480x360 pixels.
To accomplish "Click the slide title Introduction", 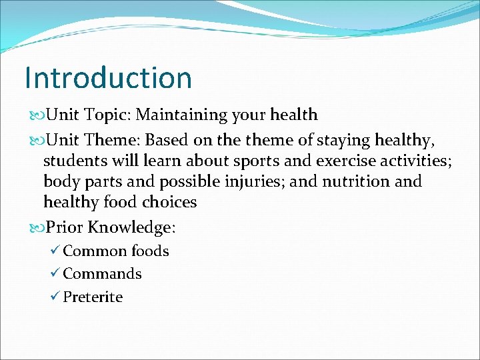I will (x=108, y=77).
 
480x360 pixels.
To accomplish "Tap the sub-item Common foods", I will (x=115, y=251).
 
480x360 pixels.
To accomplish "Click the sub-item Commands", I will (x=102, y=274).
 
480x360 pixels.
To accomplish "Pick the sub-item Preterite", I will (x=93, y=297).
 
